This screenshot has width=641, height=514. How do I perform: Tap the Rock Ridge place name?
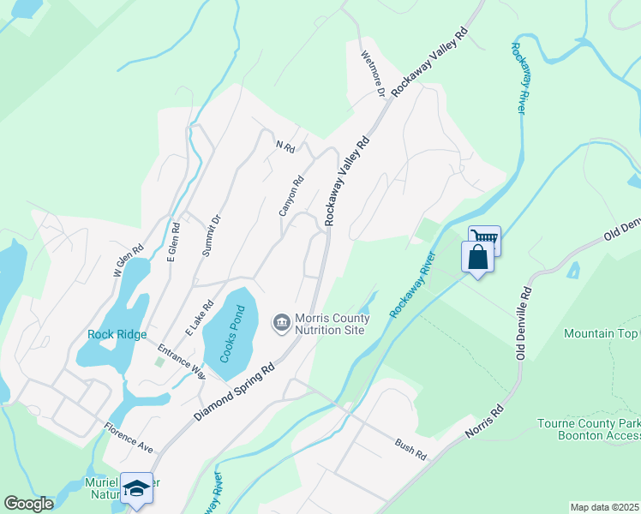(x=117, y=334)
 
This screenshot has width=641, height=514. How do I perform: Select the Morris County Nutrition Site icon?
(x=281, y=323)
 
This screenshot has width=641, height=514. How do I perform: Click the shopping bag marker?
(x=476, y=257)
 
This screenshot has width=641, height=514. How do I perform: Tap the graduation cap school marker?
(x=136, y=487)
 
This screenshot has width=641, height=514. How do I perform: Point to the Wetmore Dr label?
(x=374, y=77)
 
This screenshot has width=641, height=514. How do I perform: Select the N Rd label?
(x=285, y=147)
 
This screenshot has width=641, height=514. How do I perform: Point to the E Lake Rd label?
(x=199, y=318)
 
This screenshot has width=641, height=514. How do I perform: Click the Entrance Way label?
(x=181, y=361)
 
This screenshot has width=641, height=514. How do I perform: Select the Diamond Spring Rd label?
(x=233, y=390)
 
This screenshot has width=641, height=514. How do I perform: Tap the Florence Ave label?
(x=129, y=437)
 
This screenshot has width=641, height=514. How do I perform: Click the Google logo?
(x=28, y=504)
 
